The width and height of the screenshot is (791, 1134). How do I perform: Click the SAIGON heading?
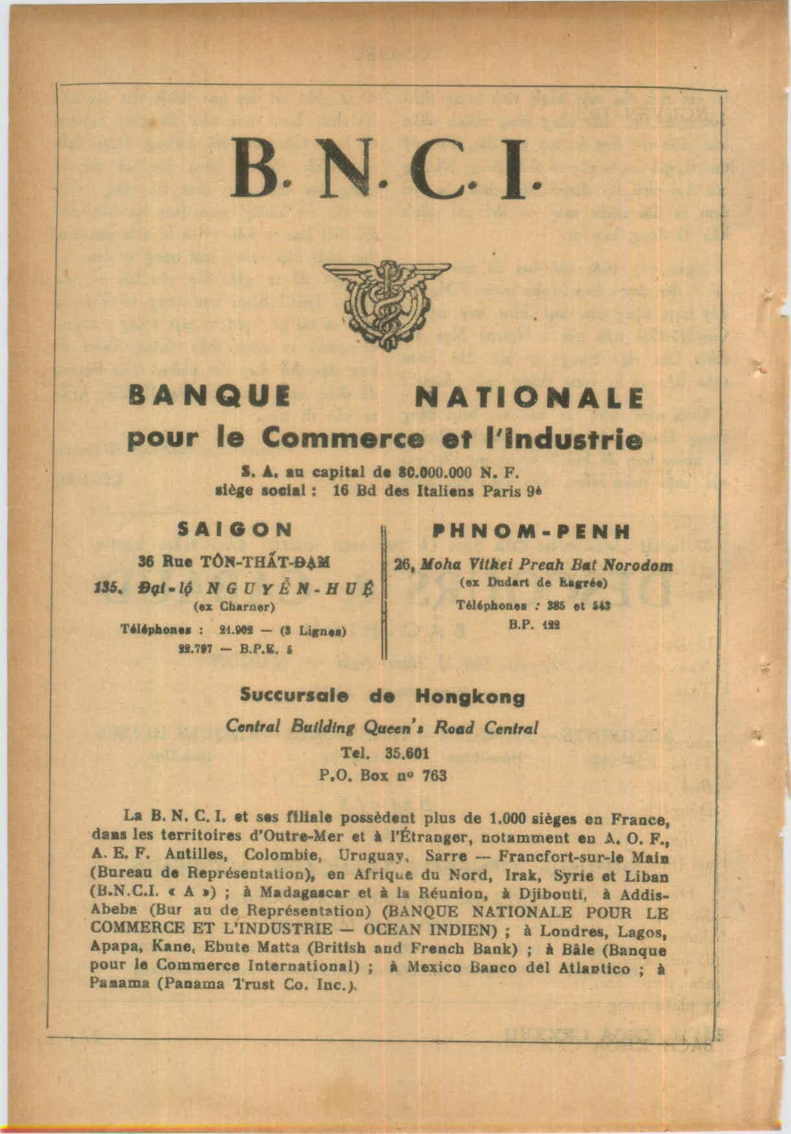[235, 528]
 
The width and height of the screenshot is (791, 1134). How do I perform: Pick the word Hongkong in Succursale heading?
[470, 698]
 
